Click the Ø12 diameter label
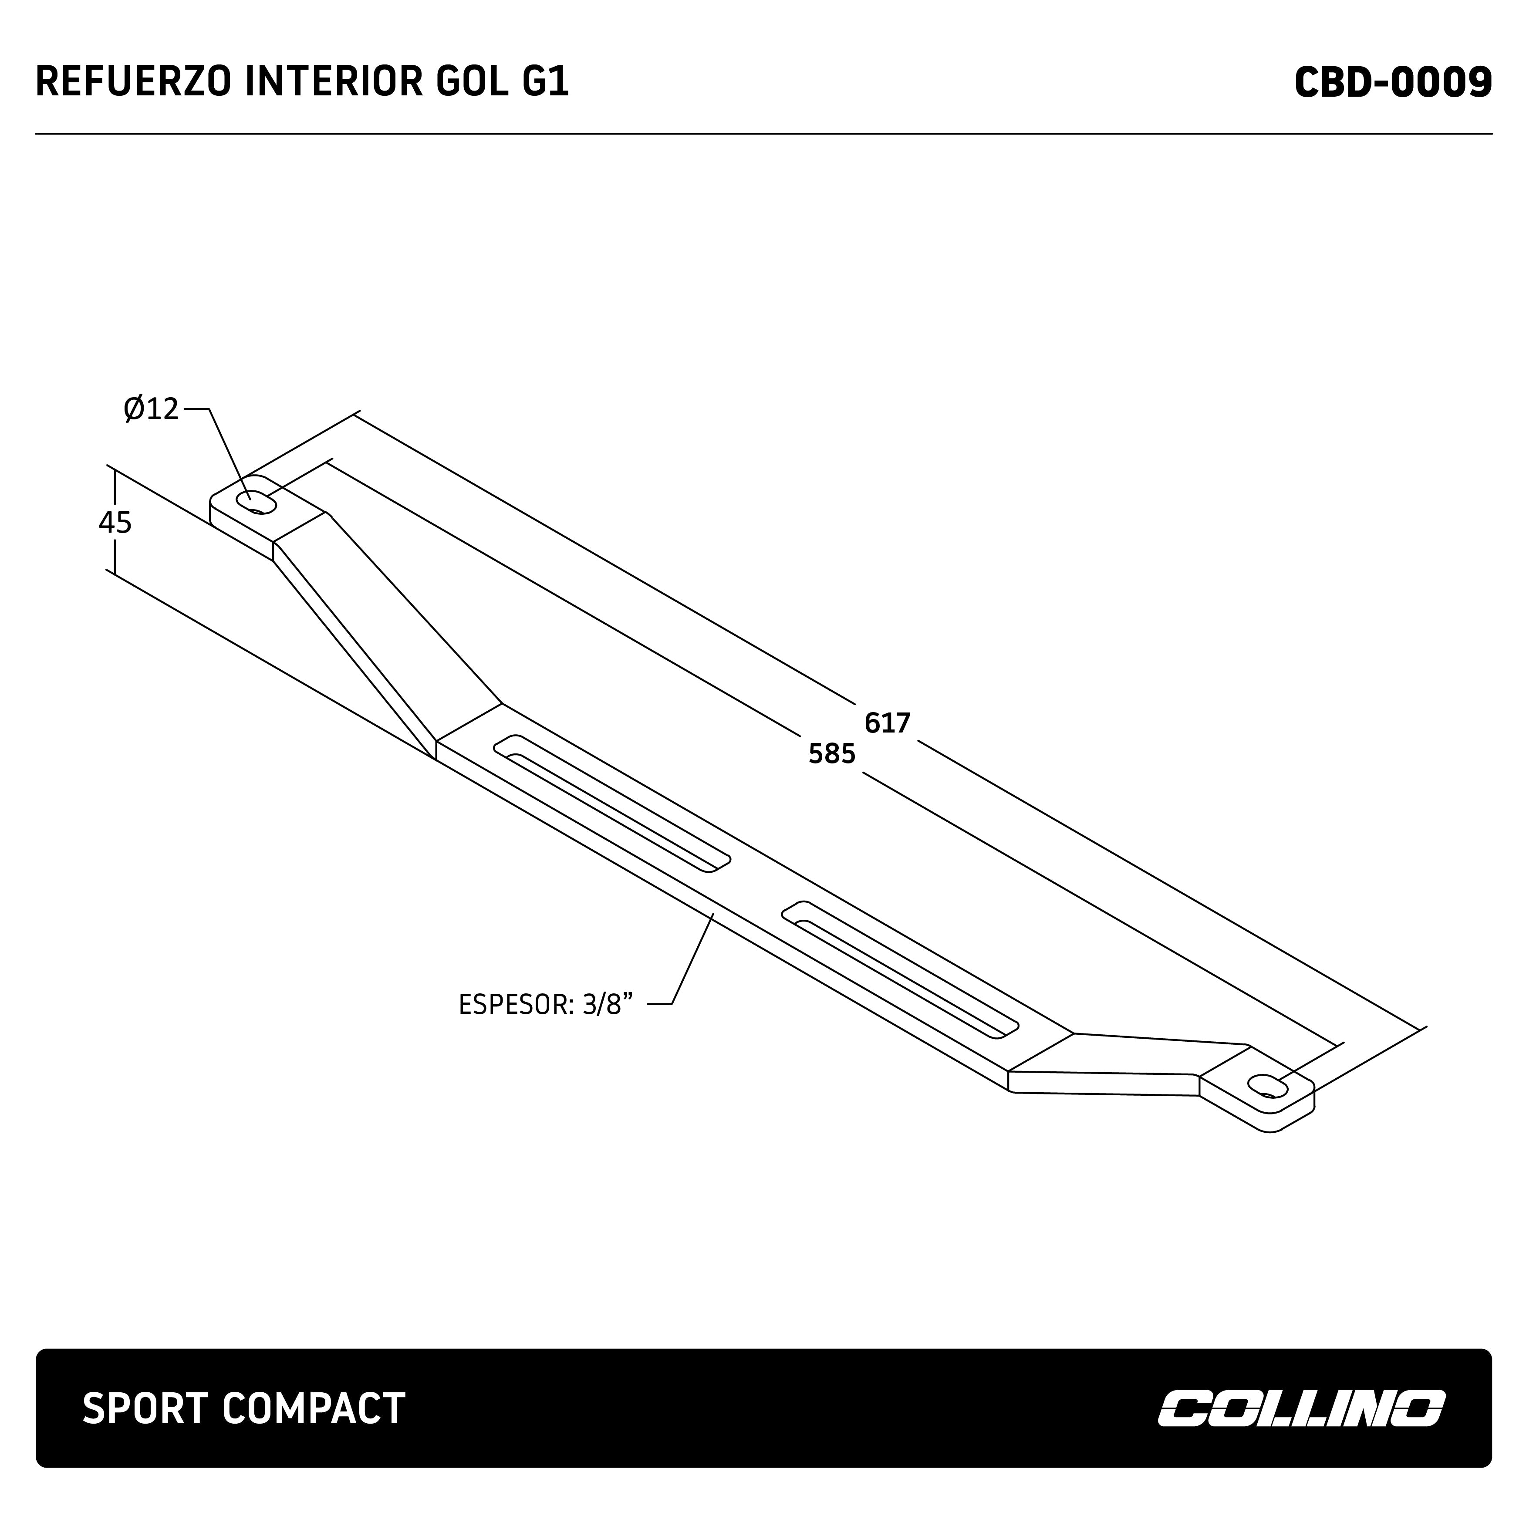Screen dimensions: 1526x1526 152,409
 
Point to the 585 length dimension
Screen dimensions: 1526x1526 832,754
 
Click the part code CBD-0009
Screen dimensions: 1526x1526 1392,83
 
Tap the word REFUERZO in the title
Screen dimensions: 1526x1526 134,83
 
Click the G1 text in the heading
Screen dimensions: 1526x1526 545,83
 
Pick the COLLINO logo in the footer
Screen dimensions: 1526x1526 1301,1408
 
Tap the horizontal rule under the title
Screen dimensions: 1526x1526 763,134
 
